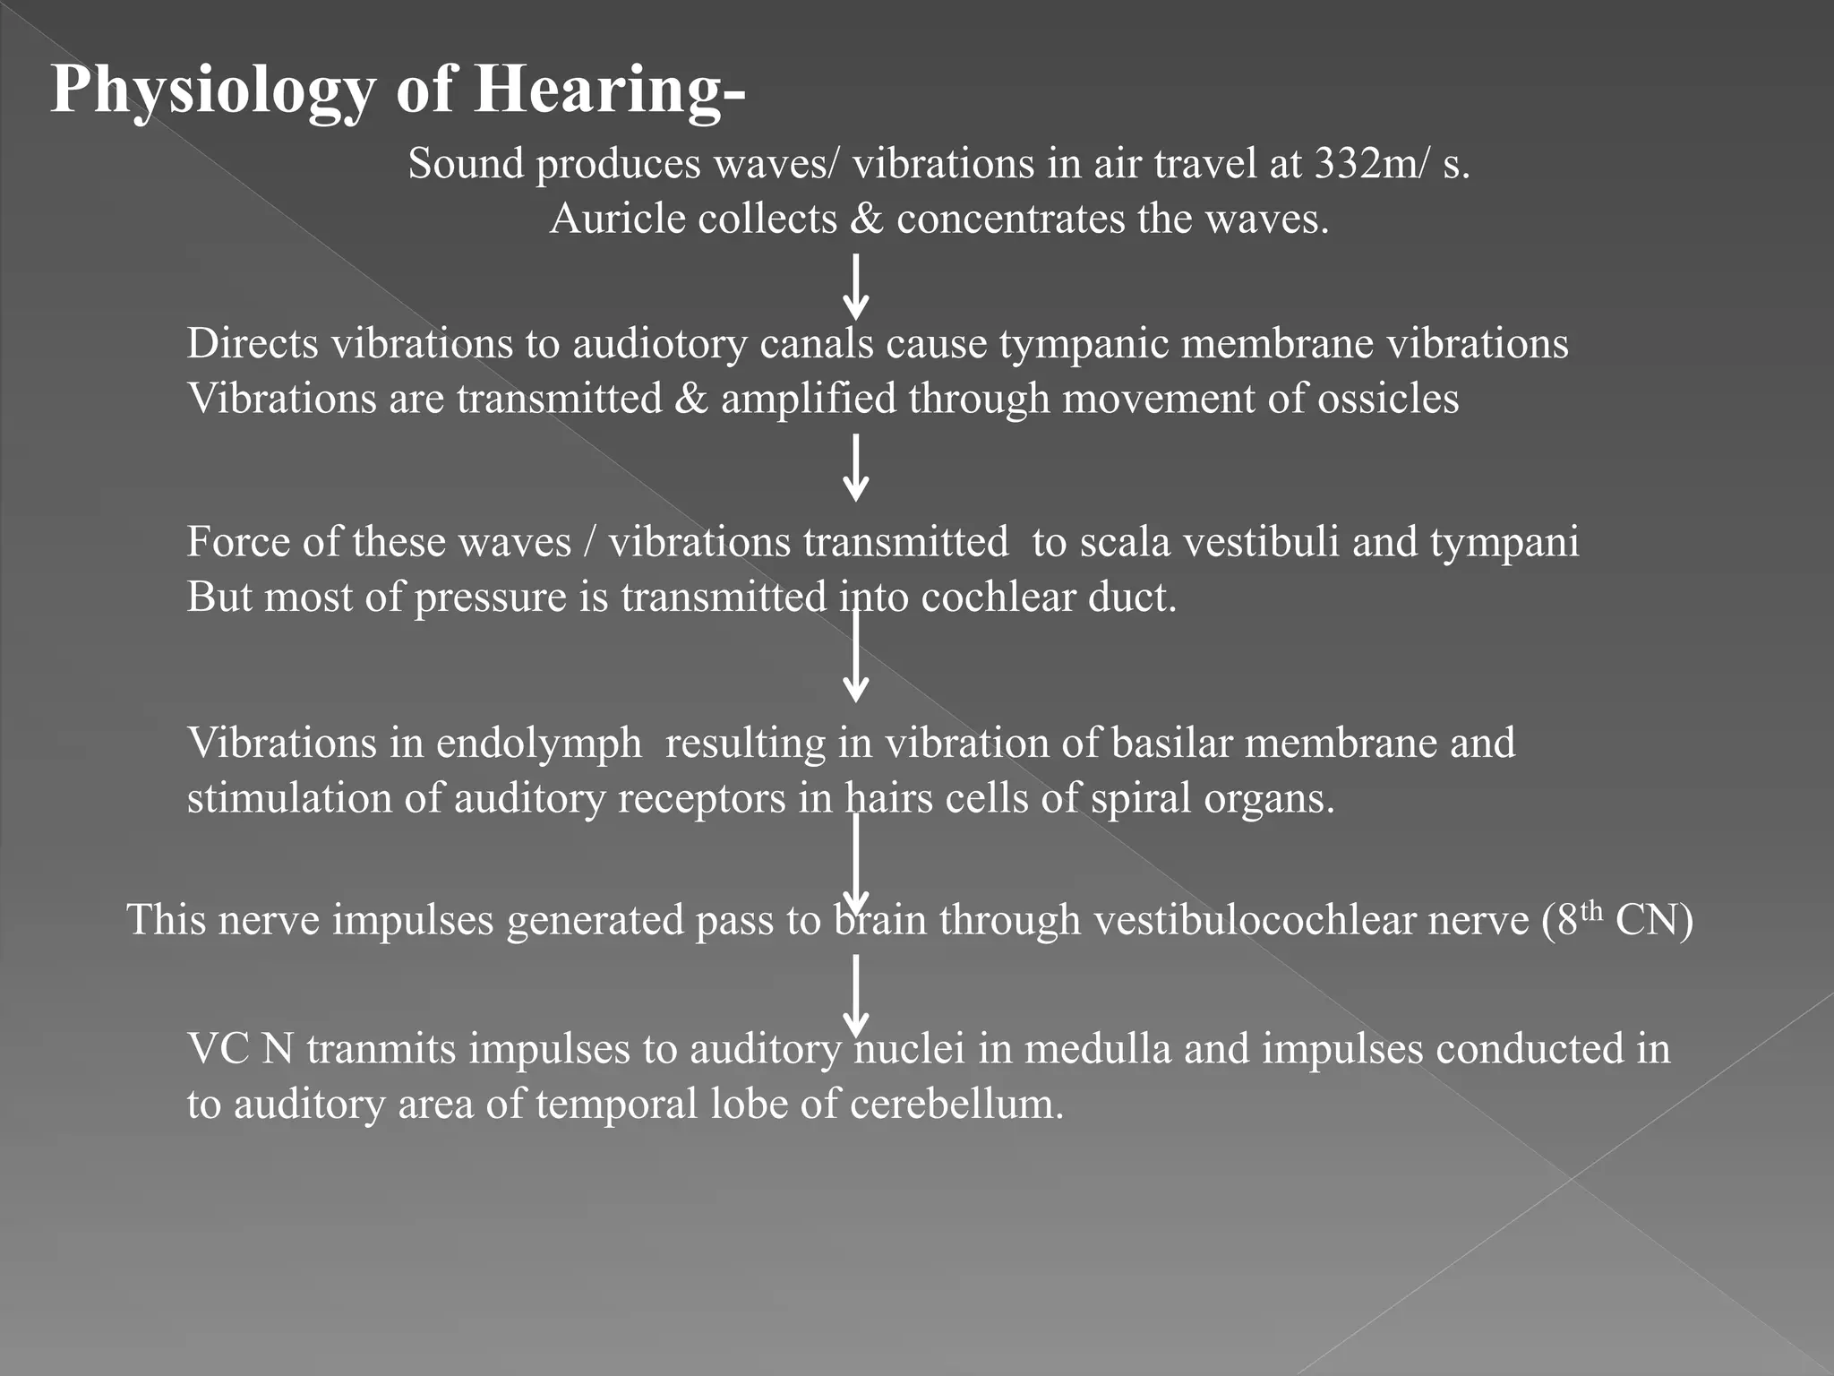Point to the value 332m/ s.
click(x=1392, y=164)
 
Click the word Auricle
click(x=617, y=219)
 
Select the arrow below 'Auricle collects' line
click(x=856, y=287)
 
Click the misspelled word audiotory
click(x=660, y=344)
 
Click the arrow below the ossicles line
click(x=856, y=468)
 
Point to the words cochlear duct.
click(x=1048, y=598)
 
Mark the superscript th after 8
click(x=1590, y=910)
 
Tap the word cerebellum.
click(x=956, y=1104)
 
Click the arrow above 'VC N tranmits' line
click(x=856, y=994)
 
